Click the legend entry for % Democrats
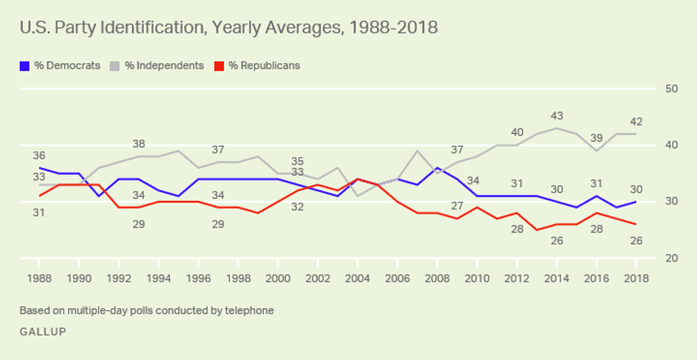60,66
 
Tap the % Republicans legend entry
257,66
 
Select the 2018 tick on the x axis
636,278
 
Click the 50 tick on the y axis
671,89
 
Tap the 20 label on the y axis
671,258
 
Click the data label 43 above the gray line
557,115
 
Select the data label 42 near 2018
636,121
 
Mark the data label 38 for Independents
138,142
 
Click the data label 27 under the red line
457,206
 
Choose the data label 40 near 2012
517,132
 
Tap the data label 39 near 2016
596,137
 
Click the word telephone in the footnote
249,311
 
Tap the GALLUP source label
43,332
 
